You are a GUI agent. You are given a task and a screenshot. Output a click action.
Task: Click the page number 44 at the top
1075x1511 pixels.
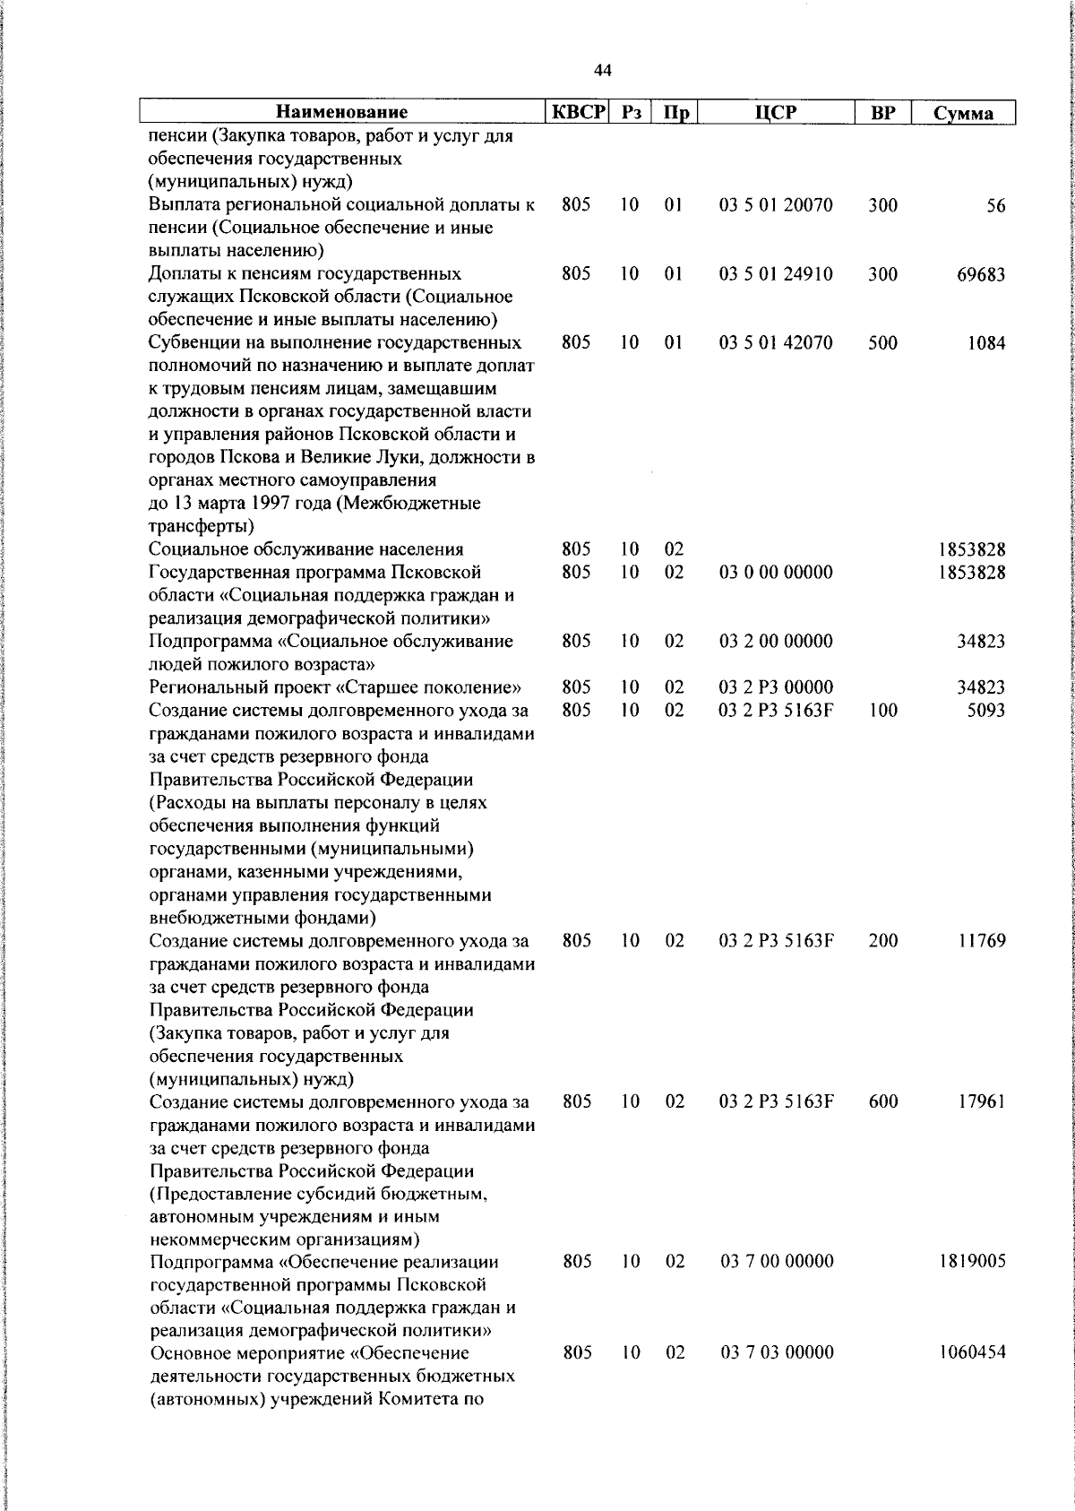click(603, 70)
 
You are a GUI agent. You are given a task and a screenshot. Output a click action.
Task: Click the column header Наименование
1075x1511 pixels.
click(341, 112)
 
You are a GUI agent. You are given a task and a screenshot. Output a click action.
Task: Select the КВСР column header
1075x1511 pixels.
click(578, 112)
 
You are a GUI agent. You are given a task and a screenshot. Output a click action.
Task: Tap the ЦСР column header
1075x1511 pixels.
click(776, 112)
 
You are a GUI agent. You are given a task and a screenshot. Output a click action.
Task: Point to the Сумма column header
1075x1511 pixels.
click(963, 113)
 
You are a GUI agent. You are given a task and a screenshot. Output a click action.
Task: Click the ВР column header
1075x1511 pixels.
click(882, 113)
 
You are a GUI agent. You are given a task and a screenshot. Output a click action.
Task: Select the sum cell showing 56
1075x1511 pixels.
click(996, 206)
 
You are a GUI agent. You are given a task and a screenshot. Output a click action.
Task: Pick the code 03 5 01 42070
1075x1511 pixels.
click(776, 342)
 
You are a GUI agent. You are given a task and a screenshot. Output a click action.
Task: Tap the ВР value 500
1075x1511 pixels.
click(882, 342)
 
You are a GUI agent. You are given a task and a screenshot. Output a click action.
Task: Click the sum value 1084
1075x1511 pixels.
click(985, 342)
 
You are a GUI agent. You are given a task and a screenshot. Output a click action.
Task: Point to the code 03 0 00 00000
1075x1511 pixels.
click(776, 573)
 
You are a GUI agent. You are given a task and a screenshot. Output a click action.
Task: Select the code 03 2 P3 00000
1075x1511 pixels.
click(776, 687)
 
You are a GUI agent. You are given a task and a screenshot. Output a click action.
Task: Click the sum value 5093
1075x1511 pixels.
click(985, 710)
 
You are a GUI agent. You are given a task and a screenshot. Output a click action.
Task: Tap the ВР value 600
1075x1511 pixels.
click(882, 1101)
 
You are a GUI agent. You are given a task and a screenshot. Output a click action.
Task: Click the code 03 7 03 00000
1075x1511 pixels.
click(777, 1352)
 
